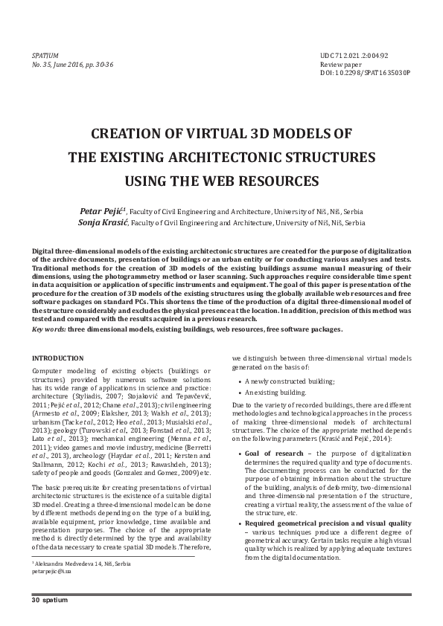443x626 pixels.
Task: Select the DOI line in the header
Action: (x=365, y=75)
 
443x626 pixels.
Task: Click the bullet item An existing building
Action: (x=275, y=392)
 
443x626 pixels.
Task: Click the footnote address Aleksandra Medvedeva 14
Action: (x=83, y=564)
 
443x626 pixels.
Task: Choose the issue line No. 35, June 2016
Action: (x=72, y=65)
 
